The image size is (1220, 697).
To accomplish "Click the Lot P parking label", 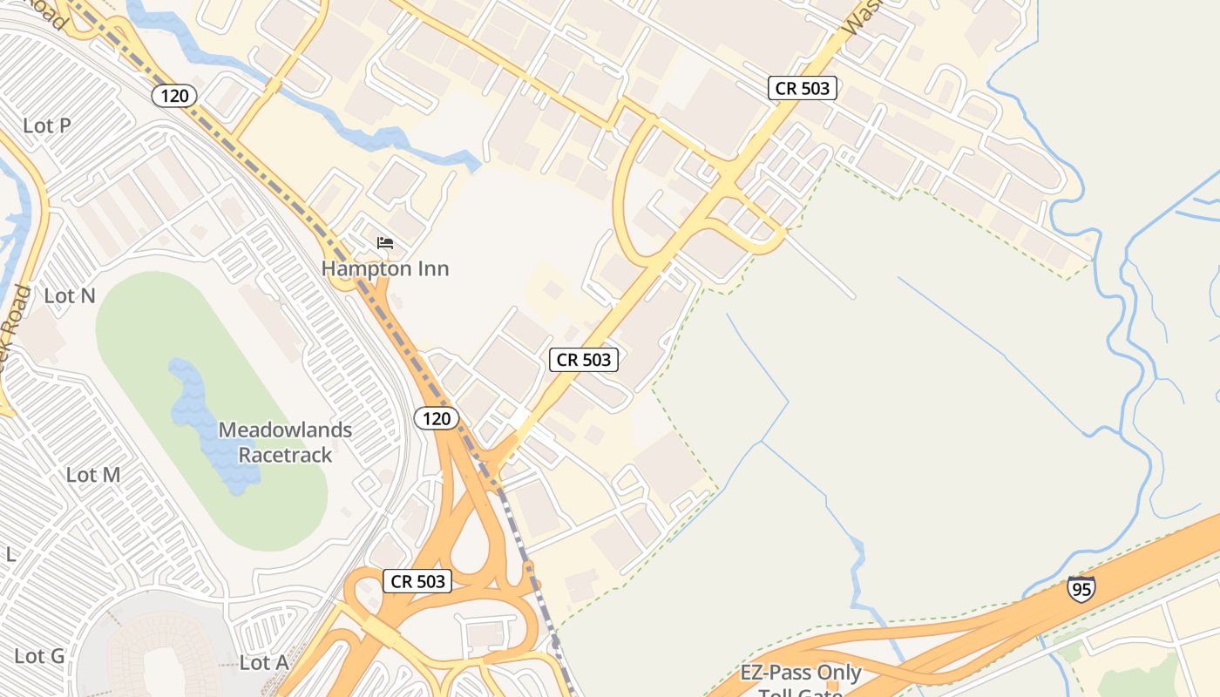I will pyautogui.click(x=47, y=125).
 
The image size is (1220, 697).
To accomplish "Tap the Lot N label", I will pyautogui.click(x=70, y=296).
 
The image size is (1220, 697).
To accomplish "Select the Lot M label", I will pyautogui.click(x=93, y=475).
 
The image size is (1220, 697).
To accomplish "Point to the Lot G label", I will pyautogui.click(x=39, y=656).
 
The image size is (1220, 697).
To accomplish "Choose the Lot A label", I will pyautogui.click(x=263, y=663).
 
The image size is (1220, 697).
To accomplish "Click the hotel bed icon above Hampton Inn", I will pyautogui.click(x=385, y=243).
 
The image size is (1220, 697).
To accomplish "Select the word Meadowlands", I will pyautogui.click(x=286, y=430).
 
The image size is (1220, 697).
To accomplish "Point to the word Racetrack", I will pyautogui.click(x=286, y=455).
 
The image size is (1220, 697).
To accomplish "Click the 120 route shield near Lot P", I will pyautogui.click(x=174, y=96).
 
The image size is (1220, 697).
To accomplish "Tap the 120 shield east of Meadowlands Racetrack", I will pyautogui.click(x=436, y=419).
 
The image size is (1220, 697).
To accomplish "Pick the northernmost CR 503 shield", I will pyautogui.click(x=803, y=88).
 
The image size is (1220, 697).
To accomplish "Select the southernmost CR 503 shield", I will pyautogui.click(x=418, y=581).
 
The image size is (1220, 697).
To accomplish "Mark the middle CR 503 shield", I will pyautogui.click(x=584, y=359).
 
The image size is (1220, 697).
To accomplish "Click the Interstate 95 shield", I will pyautogui.click(x=1081, y=589).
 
